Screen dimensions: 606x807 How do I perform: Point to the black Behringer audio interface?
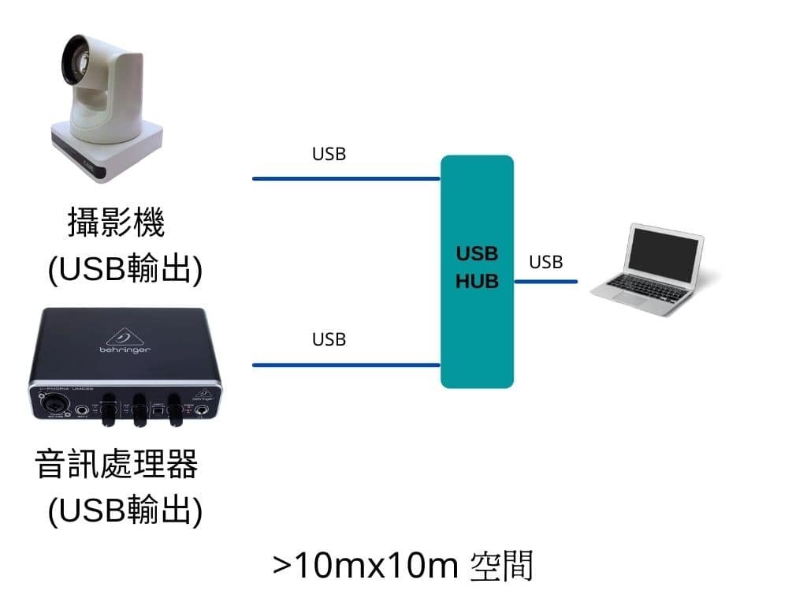click(x=126, y=367)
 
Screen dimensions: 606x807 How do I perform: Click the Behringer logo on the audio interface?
click(x=125, y=339)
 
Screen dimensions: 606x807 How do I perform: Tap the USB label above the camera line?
click(x=329, y=154)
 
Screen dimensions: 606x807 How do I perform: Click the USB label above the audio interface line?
click(x=329, y=339)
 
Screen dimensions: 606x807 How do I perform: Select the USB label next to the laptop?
click(x=545, y=262)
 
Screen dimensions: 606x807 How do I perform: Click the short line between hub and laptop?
click(x=546, y=282)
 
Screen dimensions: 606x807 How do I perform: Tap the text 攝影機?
click(x=117, y=223)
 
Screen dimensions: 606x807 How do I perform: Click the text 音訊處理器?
click(x=117, y=465)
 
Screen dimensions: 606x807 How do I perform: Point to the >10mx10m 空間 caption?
click(x=403, y=566)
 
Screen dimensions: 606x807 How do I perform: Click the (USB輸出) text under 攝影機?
click(x=125, y=270)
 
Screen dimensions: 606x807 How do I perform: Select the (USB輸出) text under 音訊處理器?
click(x=125, y=511)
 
